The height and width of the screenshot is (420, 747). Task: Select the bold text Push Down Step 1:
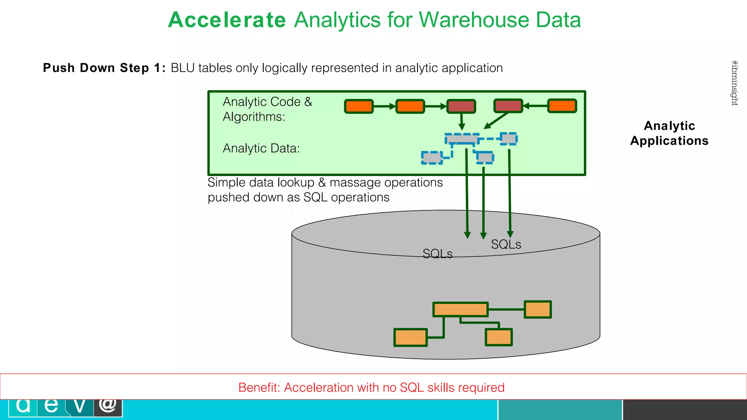pos(104,68)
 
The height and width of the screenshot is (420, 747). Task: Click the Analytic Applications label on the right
pos(669,133)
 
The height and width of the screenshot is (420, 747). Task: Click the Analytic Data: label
pos(261,148)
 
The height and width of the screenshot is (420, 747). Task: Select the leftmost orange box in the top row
pos(359,106)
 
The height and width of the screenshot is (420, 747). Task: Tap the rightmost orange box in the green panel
pos(562,106)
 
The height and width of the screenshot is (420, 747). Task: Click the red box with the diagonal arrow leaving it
pos(508,106)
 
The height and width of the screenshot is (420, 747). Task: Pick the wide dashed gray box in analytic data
pos(462,139)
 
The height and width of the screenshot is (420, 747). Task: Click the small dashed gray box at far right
pos(508,139)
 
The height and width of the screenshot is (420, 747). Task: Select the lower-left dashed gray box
pos(432,157)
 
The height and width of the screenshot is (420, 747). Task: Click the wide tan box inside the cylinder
pos(460,310)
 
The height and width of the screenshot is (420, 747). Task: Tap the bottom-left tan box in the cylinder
pos(410,337)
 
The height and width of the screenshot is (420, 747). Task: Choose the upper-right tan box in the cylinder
pos(538,310)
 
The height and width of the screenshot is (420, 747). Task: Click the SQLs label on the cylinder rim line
pos(437,254)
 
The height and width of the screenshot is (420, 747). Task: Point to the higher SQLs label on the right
pos(506,244)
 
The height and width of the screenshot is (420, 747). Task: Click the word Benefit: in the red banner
pos(259,387)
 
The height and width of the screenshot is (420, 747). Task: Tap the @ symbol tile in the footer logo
pos(108,407)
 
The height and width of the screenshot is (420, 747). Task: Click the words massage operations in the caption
pos(386,182)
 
